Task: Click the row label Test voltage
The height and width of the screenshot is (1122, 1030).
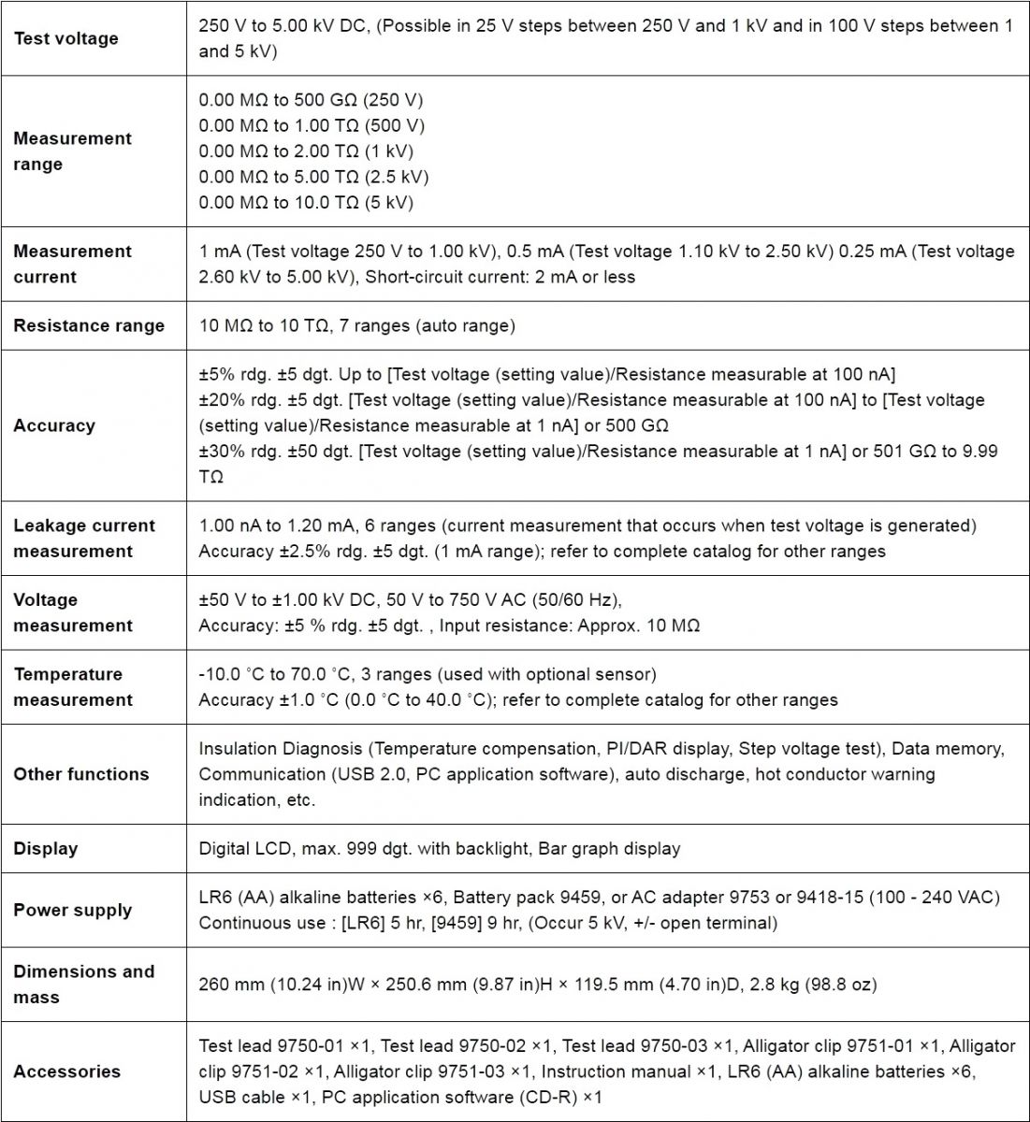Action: pos(65,38)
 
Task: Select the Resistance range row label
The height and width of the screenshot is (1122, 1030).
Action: pos(89,325)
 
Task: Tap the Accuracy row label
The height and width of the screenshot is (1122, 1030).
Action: pos(54,425)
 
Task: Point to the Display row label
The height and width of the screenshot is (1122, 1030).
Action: pos(46,849)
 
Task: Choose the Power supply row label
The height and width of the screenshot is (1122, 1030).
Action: pos(73,910)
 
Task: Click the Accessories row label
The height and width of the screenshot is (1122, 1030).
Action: pos(67,1072)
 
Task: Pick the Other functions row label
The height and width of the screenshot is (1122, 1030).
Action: pos(81,774)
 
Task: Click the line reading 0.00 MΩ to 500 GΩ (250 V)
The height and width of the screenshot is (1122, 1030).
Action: pos(312,100)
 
